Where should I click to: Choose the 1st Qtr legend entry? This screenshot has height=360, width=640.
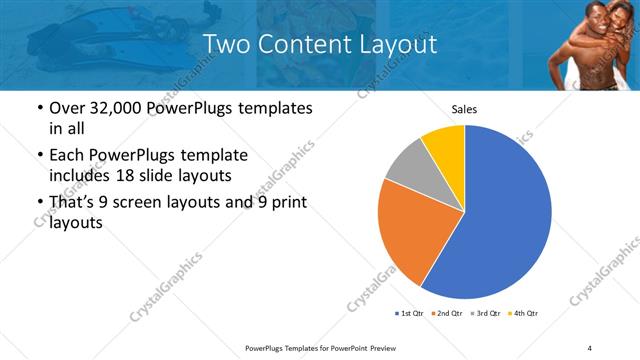click(410, 314)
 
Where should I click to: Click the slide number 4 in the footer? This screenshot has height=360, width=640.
click(590, 347)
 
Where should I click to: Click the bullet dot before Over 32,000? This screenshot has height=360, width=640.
click(39, 108)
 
